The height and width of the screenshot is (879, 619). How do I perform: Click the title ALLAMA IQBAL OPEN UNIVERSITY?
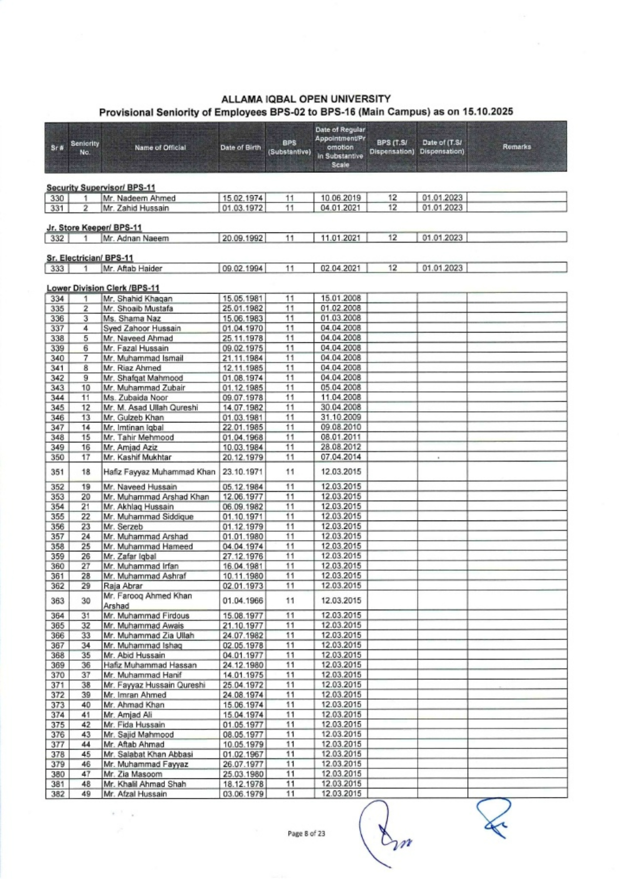(x=306, y=99)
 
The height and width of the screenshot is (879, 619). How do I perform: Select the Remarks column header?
(x=516, y=147)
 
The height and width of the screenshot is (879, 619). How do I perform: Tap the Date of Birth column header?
(x=241, y=147)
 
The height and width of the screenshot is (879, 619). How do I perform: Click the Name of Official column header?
(x=160, y=147)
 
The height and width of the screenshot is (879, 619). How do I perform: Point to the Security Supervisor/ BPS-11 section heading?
(x=101, y=188)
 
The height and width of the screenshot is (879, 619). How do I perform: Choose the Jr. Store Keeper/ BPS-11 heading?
(x=94, y=228)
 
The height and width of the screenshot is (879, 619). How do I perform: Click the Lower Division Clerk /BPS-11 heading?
(x=103, y=288)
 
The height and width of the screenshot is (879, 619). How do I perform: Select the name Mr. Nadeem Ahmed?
(x=139, y=198)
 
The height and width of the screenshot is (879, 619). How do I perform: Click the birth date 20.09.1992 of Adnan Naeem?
(x=243, y=238)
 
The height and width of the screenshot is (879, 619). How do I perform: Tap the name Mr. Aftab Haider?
(x=132, y=269)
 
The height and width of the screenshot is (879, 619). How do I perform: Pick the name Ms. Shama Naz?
(x=132, y=318)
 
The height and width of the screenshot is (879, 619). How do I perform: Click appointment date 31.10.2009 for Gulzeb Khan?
(x=341, y=418)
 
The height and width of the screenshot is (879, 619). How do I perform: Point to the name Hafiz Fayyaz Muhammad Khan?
(x=159, y=472)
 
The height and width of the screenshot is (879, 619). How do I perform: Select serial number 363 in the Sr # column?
(x=57, y=601)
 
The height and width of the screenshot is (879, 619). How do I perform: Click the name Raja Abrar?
(x=123, y=586)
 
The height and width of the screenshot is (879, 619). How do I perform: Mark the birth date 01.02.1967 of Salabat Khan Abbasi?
(x=243, y=754)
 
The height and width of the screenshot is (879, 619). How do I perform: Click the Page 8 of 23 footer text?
(x=306, y=834)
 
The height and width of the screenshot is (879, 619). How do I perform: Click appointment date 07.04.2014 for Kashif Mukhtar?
(x=341, y=457)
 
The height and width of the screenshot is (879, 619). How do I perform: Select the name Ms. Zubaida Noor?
(x=135, y=398)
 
